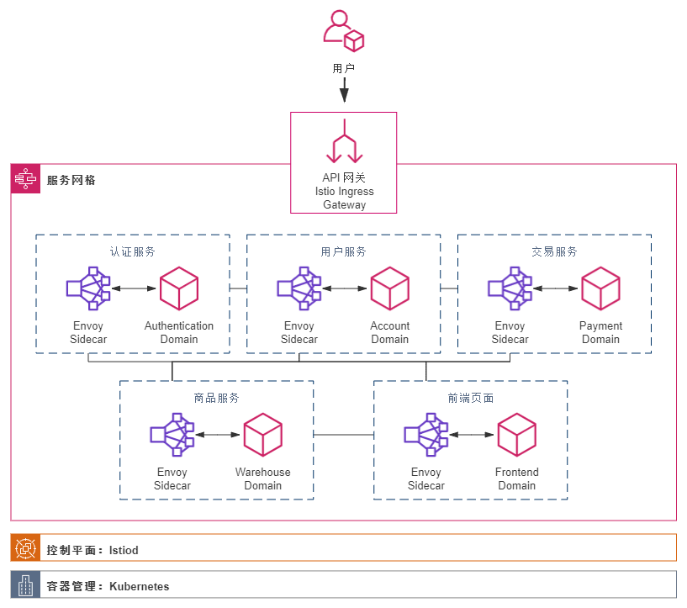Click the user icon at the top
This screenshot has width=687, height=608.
tap(343, 31)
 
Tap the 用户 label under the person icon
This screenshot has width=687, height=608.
tap(343, 67)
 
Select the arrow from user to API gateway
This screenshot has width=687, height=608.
tap(343, 90)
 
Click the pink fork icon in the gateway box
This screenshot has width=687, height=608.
tap(343, 141)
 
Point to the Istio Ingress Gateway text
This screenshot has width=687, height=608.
tap(344, 192)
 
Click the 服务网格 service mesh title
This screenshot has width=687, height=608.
tap(71, 180)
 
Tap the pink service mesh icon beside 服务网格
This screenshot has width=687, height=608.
tap(25, 179)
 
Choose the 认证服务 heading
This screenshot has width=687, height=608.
tap(132, 251)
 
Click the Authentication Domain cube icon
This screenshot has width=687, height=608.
tap(179, 288)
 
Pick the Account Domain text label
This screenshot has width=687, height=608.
tap(390, 332)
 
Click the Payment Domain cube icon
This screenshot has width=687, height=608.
tap(600, 288)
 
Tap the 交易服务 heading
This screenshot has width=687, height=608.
tap(554, 251)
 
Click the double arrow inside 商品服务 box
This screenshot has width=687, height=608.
tap(217, 435)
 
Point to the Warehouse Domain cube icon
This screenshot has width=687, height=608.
tap(262, 435)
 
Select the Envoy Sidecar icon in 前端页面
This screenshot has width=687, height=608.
tap(425, 435)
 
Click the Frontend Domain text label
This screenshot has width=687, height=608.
tap(516, 478)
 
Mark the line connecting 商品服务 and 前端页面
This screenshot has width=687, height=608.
tap(343, 435)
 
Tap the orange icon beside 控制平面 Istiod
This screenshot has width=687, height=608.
tap(25, 549)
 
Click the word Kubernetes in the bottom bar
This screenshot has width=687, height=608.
tap(139, 586)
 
